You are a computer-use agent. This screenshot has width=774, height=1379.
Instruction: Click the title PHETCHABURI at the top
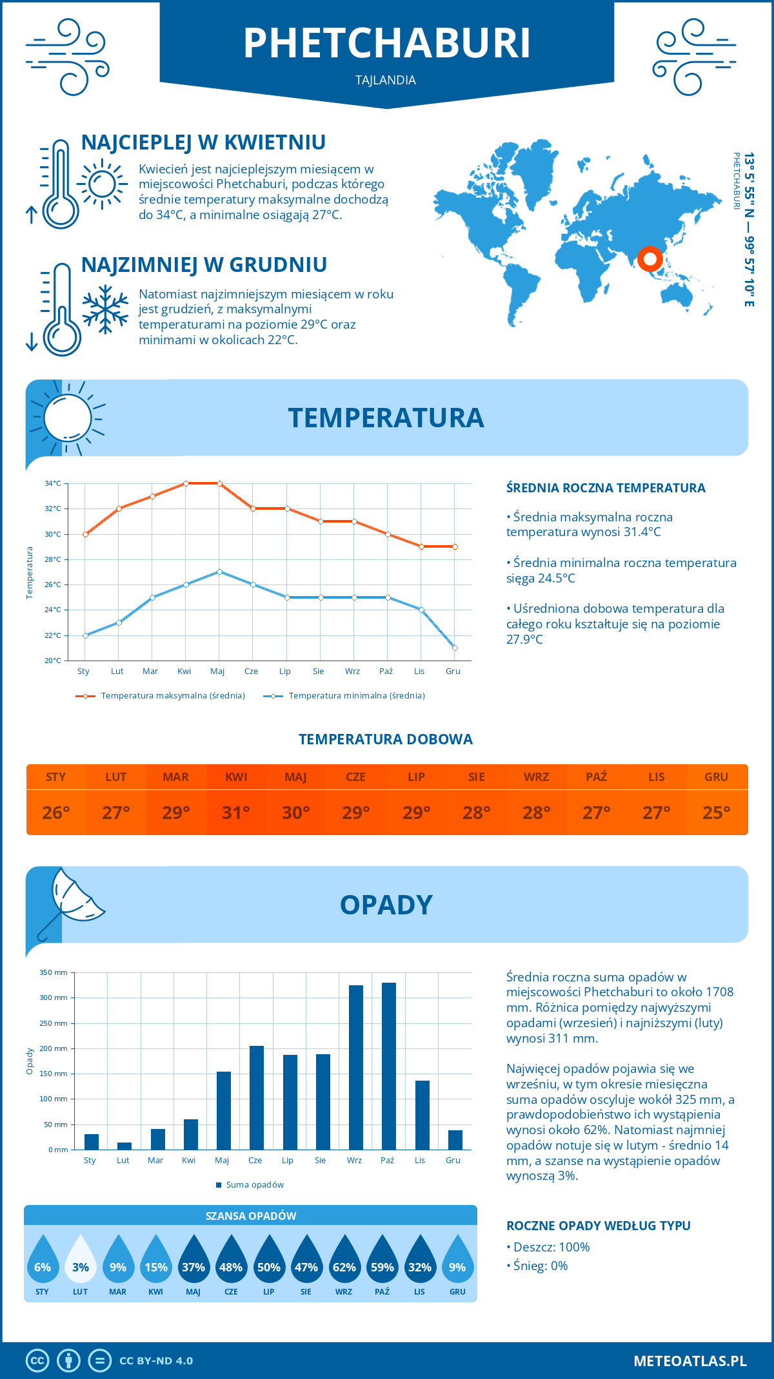[x=387, y=43]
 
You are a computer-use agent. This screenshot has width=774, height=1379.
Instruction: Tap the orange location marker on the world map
[x=650, y=259]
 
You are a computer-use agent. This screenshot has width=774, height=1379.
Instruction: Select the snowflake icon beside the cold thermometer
[x=105, y=309]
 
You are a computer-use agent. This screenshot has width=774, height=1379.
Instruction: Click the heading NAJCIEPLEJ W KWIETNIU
[x=203, y=142]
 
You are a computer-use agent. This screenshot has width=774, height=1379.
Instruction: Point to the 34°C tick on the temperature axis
[x=53, y=483]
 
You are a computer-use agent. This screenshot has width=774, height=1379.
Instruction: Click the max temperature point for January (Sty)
[x=85, y=534]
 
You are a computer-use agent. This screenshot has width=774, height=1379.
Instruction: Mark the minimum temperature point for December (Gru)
[x=455, y=648]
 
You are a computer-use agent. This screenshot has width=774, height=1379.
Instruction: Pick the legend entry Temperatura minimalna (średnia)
[x=356, y=696]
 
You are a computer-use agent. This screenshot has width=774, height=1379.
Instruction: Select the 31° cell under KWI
[x=236, y=813]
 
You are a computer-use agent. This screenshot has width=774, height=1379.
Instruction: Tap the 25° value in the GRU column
[x=716, y=813]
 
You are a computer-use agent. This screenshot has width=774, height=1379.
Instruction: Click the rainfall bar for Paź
[x=388, y=1066]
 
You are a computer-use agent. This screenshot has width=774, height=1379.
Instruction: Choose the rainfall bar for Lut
[x=124, y=1146]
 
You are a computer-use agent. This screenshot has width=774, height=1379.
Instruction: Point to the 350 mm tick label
[x=54, y=972]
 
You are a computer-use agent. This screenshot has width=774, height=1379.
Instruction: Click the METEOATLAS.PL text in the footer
[x=690, y=1361]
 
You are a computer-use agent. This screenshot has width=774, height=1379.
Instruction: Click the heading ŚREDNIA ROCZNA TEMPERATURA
[x=606, y=488]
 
